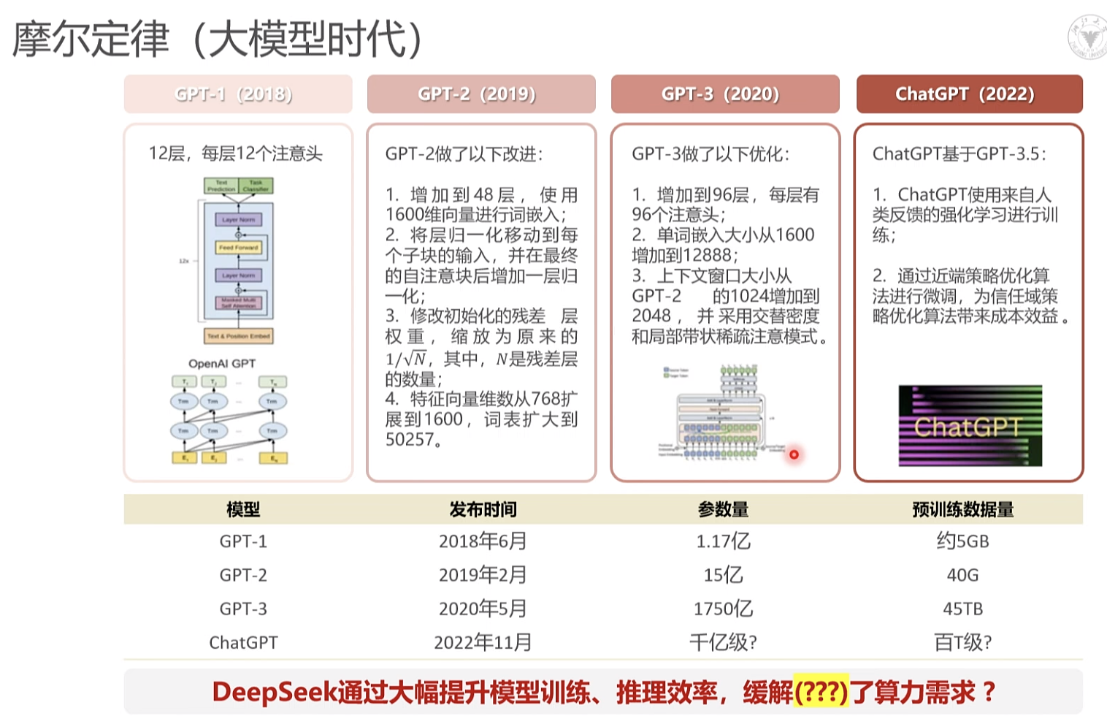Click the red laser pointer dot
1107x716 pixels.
pos(794,454)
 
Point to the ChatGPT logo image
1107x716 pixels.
pos(970,426)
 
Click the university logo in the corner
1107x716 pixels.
pos(1087,37)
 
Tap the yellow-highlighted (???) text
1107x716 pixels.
pos(821,691)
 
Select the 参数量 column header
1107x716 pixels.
pos(723,509)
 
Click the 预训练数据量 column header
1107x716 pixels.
pos(962,509)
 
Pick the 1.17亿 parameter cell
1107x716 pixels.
pos(723,541)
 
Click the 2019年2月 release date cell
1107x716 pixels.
pos(482,575)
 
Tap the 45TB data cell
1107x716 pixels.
pos(962,609)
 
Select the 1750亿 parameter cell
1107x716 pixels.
pos(723,609)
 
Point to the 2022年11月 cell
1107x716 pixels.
pos(482,642)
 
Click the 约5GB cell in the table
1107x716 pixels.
pos(962,541)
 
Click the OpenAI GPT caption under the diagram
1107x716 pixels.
pos(222,363)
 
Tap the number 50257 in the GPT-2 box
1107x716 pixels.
pos(410,439)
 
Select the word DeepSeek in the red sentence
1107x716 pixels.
pos(275,691)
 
